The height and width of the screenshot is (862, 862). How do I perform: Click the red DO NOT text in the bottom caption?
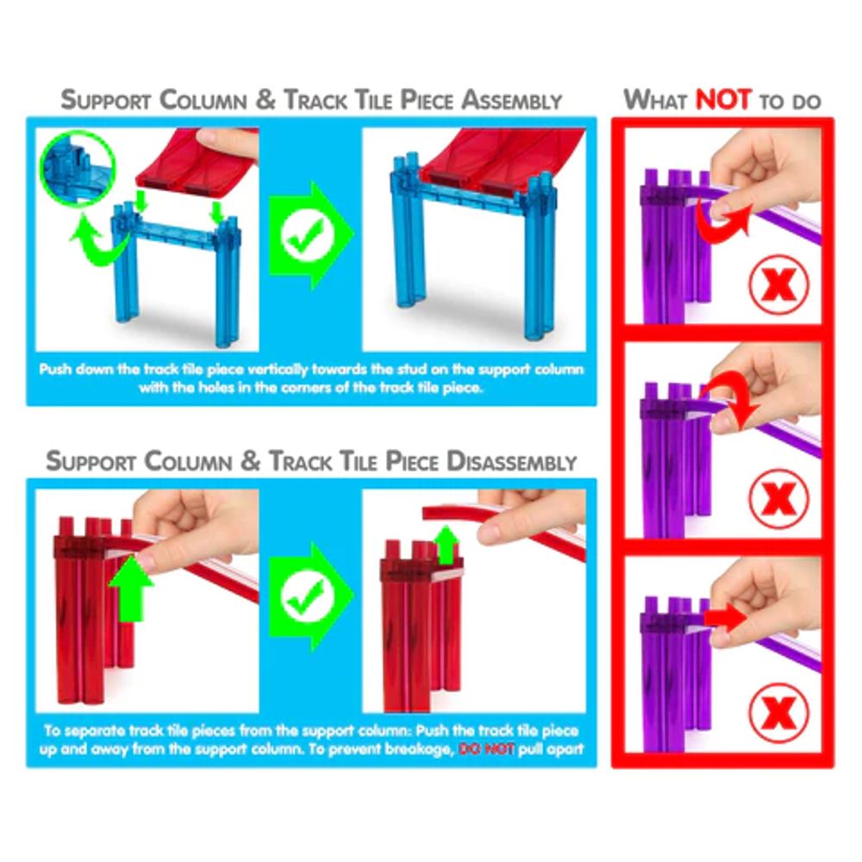coord(486,749)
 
